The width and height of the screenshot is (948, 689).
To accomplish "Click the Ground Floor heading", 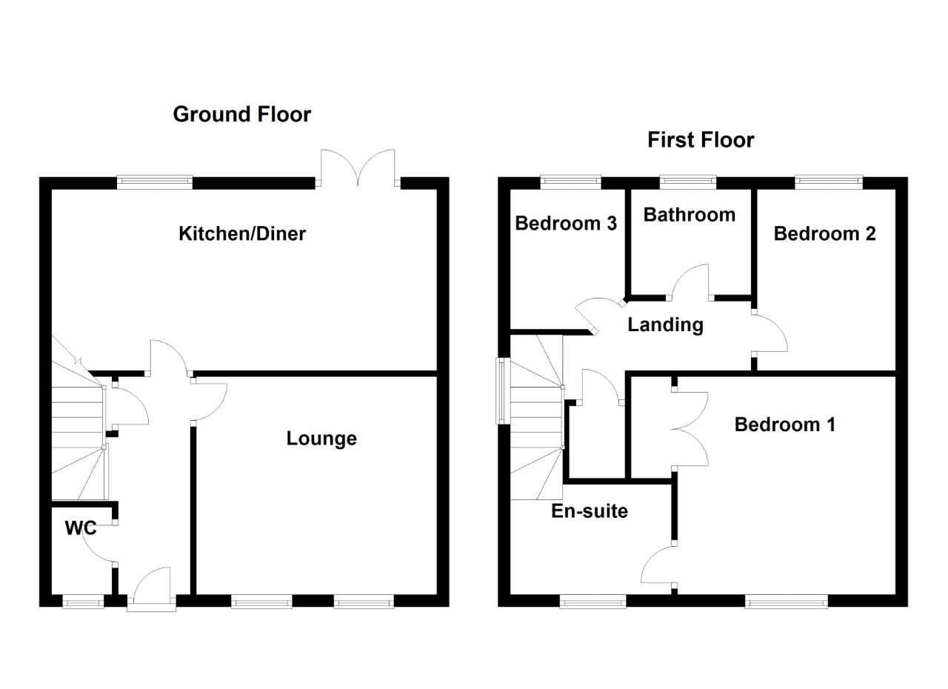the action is [241, 114].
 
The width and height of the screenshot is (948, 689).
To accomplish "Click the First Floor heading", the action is [700, 140].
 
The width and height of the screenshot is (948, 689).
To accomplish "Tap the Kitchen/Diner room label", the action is [242, 234].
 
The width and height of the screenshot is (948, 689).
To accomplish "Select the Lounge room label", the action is [321, 439].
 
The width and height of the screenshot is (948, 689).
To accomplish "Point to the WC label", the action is [81, 528].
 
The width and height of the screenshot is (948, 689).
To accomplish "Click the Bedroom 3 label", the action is [566, 223].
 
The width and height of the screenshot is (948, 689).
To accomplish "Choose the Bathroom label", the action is [689, 215].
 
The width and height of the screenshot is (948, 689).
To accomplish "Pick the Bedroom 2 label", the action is [824, 233].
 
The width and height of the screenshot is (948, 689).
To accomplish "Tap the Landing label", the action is [665, 324].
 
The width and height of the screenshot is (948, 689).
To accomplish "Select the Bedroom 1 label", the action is [784, 425].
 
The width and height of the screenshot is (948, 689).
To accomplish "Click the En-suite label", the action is [590, 510].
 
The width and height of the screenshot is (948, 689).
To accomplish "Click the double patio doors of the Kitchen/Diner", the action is [359, 167].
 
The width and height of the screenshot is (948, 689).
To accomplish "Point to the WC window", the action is [82, 603].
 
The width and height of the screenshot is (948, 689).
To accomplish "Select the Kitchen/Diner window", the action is [155, 180].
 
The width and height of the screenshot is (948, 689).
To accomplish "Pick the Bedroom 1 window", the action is [786, 602].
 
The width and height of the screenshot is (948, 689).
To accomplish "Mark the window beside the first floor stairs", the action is [501, 390].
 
